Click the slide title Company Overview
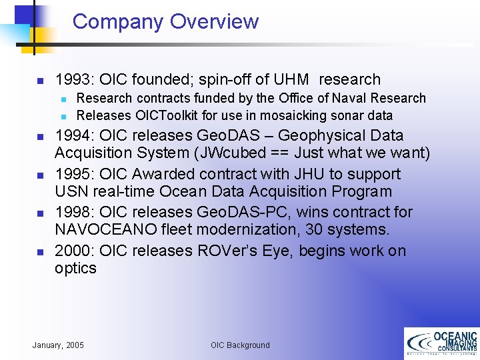165,21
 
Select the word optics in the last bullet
75,269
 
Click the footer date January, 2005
58,345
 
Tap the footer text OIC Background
240,345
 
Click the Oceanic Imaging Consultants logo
441,343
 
